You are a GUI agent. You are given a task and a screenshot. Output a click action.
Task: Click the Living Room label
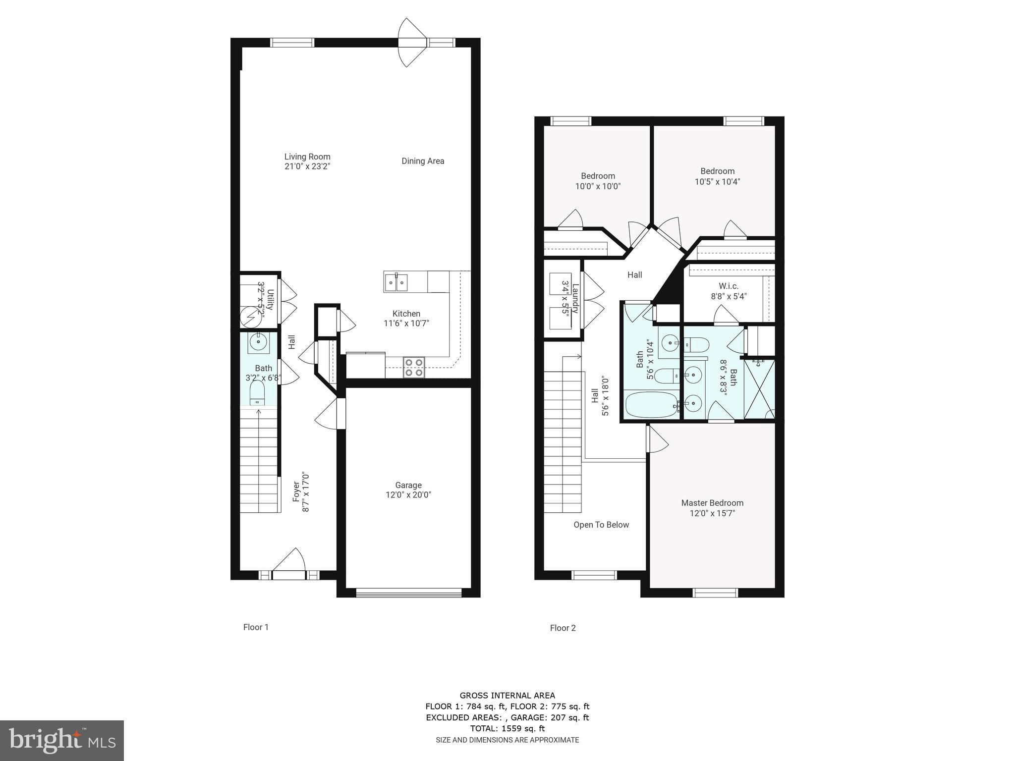[x=307, y=157]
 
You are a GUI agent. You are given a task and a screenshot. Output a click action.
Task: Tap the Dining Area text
[x=423, y=161]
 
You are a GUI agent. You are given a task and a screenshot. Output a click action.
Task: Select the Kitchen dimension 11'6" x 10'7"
[x=406, y=324]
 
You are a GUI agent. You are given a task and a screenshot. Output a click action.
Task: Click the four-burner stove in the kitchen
[x=414, y=367]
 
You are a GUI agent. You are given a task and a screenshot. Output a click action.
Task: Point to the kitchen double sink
[x=396, y=282]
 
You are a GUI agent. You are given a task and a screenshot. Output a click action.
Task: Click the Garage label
[x=408, y=485]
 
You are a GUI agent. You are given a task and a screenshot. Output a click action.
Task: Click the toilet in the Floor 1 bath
[x=257, y=393]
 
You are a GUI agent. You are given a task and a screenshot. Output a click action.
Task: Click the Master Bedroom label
[x=712, y=503]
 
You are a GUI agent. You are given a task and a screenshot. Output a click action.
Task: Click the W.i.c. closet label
[x=729, y=286]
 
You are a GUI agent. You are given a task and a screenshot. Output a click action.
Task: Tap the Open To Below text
[x=601, y=525]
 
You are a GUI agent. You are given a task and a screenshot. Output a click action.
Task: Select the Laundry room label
[x=575, y=298]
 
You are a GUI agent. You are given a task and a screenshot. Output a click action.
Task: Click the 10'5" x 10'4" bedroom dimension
[x=717, y=182]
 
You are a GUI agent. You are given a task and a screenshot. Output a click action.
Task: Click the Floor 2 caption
[x=563, y=628]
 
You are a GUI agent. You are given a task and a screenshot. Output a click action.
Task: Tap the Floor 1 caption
[x=256, y=627]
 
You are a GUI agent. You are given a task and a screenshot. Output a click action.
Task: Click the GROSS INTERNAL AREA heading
[x=507, y=696]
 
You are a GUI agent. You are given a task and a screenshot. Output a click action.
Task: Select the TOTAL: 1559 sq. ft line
[x=507, y=728]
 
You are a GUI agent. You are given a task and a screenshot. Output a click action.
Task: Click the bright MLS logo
[x=62, y=740]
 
